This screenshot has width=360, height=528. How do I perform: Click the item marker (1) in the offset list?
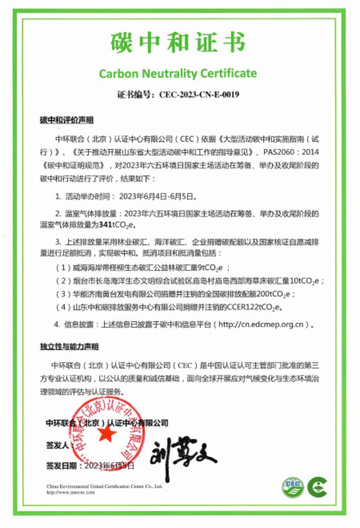[x=61, y=267]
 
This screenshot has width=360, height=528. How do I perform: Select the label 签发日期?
[x=63, y=466]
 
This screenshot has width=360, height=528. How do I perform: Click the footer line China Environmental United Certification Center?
[x=104, y=485]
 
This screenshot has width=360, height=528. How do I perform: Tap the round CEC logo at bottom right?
[x=293, y=487]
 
